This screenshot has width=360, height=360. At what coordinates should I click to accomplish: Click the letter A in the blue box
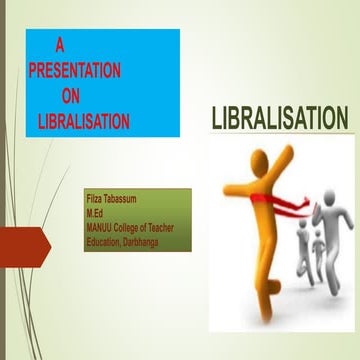tap(60, 45)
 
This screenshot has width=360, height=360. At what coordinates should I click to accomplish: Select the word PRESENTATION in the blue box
tap(75, 71)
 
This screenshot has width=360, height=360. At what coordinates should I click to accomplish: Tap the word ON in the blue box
tap(74, 97)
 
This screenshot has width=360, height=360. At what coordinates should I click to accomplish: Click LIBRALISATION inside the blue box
tap(83, 122)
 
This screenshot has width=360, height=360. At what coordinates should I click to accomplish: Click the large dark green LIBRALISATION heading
tap(280, 119)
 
